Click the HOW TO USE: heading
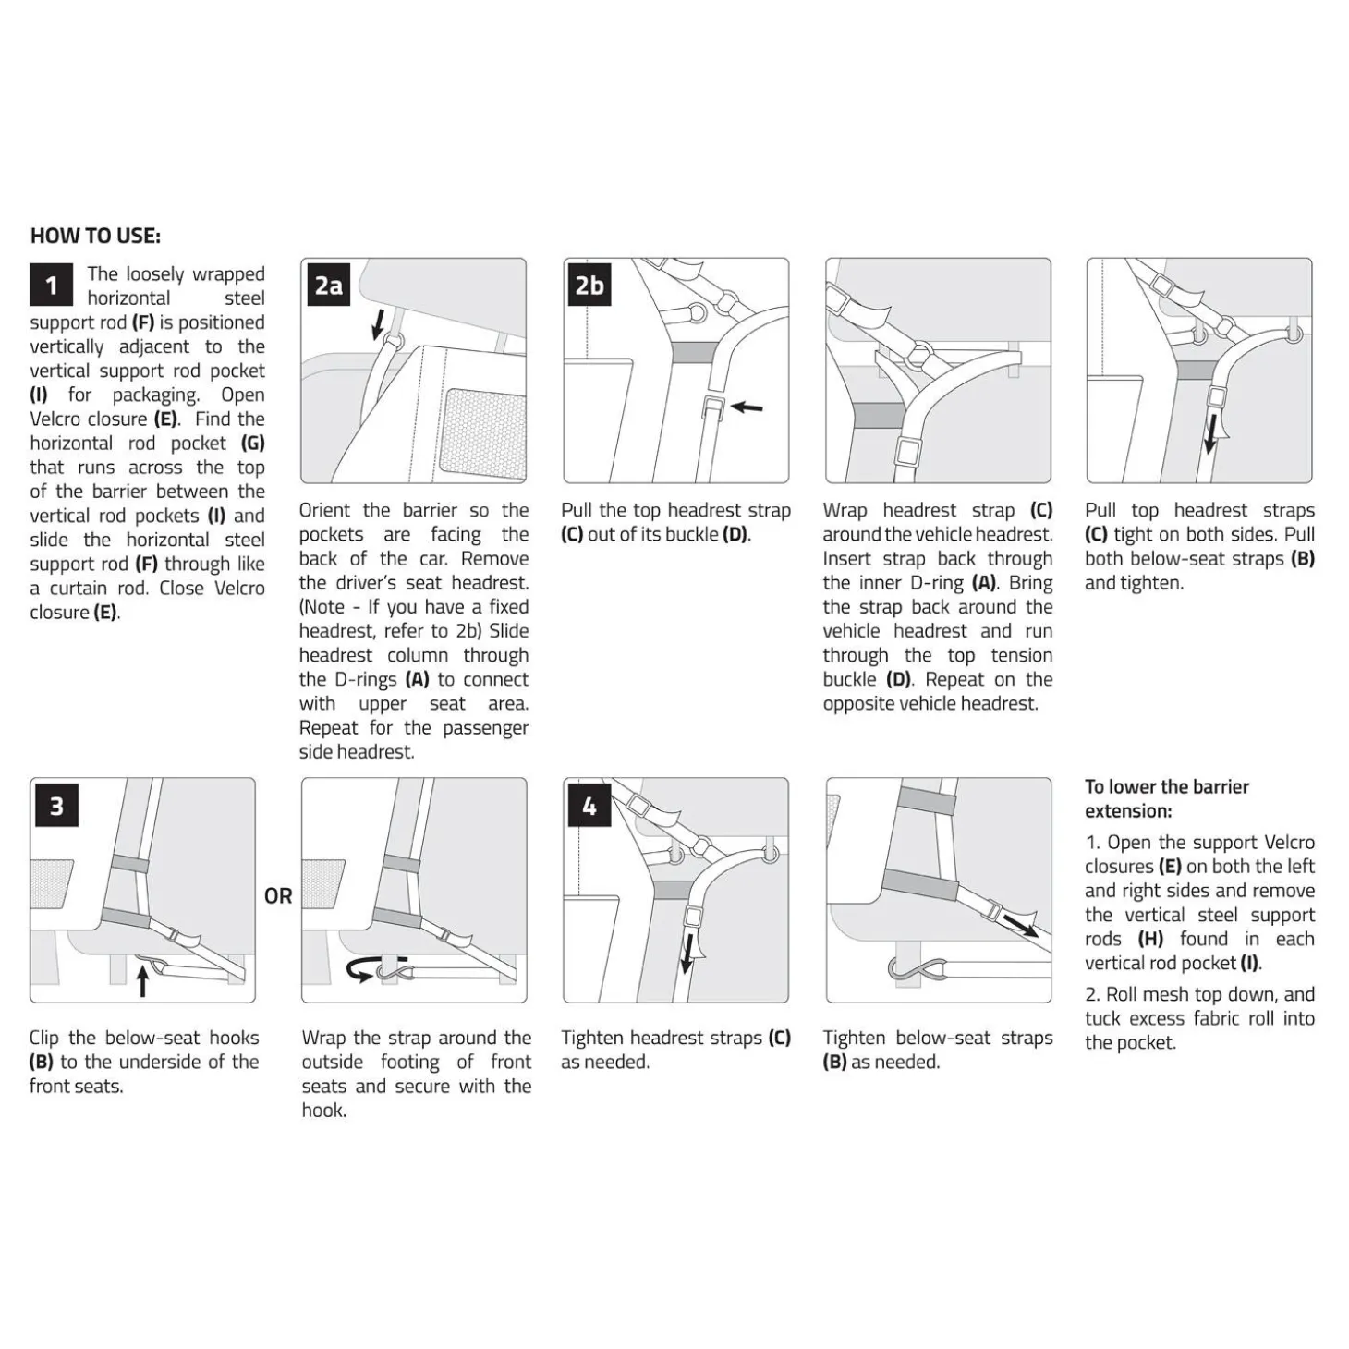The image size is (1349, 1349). [x=95, y=236]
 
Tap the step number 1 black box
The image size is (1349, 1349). [x=51, y=285]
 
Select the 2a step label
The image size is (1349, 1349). [x=328, y=285]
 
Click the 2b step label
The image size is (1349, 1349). [x=589, y=285]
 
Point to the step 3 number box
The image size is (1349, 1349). [x=56, y=805]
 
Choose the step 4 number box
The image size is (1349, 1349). [x=589, y=805]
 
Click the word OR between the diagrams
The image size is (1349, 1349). [x=278, y=896]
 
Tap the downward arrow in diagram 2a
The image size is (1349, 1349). [x=379, y=322]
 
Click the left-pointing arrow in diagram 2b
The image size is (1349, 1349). [x=747, y=406]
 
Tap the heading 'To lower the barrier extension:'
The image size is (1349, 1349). [x=1167, y=798]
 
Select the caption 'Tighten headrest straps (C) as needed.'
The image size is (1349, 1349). [x=675, y=1050]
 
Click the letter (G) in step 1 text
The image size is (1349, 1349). [x=253, y=444]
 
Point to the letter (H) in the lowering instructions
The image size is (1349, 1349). [x=1151, y=939]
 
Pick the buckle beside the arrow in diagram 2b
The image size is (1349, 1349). [x=714, y=406]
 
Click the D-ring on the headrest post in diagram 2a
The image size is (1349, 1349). [x=395, y=341]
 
